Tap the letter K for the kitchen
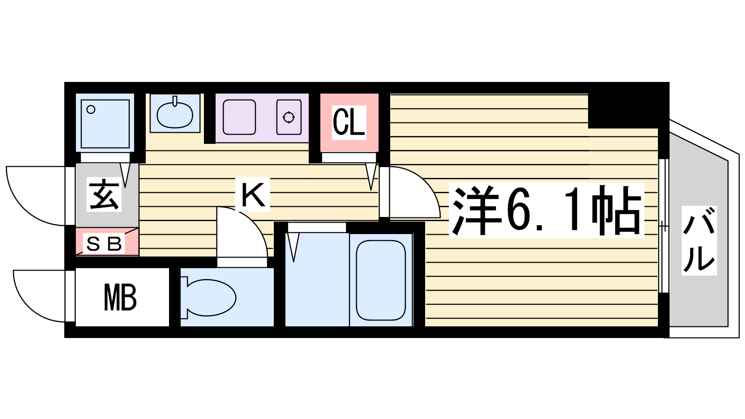pos(253,195)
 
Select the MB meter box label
pos(120,297)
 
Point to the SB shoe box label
pos(103,244)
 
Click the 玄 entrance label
pos(104,195)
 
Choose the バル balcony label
pos(699,240)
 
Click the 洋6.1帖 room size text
pos(546,210)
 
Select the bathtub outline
pos(381,280)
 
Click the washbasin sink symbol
pos(175,115)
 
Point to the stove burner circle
pos(288,117)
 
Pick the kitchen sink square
pos(239,117)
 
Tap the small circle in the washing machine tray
pos(91,109)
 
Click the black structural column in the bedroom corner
pos(623,111)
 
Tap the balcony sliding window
pos(664,226)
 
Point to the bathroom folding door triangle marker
pos(293,247)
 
